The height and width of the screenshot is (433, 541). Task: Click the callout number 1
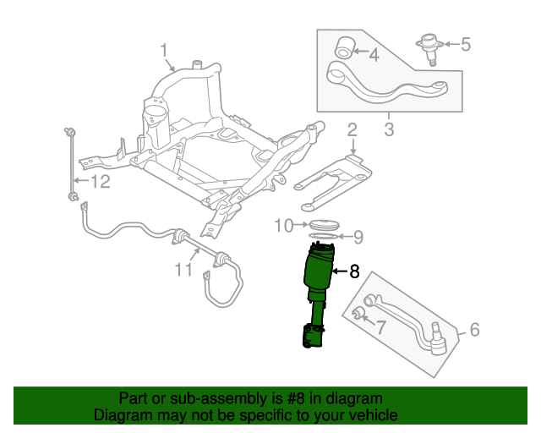pyautogui.click(x=165, y=52)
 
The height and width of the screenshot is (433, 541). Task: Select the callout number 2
pyautogui.click(x=352, y=131)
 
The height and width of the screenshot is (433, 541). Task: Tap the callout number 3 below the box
pyautogui.click(x=389, y=129)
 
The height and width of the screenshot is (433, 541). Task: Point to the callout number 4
pyautogui.click(x=374, y=56)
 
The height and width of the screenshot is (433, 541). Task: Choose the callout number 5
pyautogui.click(x=466, y=44)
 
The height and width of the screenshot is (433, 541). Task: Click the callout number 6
pyautogui.click(x=474, y=329)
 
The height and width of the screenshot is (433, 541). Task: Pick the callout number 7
pyautogui.click(x=381, y=326)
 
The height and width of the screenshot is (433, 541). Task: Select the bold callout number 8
pyautogui.click(x=354, y=271)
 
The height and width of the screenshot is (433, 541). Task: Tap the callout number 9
pyautogui.click(x=358, y=237)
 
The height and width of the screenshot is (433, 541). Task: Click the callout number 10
pyautogui.click(x=284, y=225)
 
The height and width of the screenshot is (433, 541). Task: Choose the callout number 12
pyautogui.click(x=101, y=181)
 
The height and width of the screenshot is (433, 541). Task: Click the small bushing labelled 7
pyautogui.click(x=358, y=315)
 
